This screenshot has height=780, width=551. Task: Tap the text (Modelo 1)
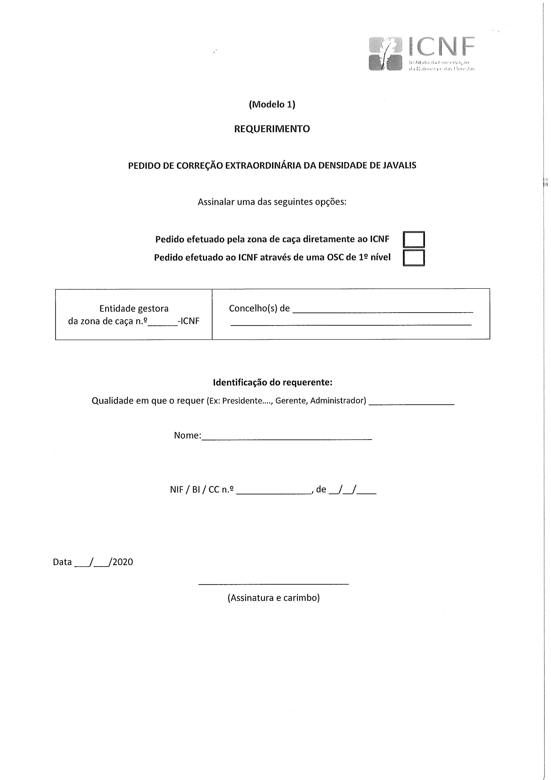(x=272, y=105)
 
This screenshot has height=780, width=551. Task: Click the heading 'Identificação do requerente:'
(x=272, y=383)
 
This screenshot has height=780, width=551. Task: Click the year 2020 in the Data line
(x=123, y=562)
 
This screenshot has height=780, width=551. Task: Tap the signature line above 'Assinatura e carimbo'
(x=273, y=584)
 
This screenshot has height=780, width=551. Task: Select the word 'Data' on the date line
(x=62, y=562)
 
